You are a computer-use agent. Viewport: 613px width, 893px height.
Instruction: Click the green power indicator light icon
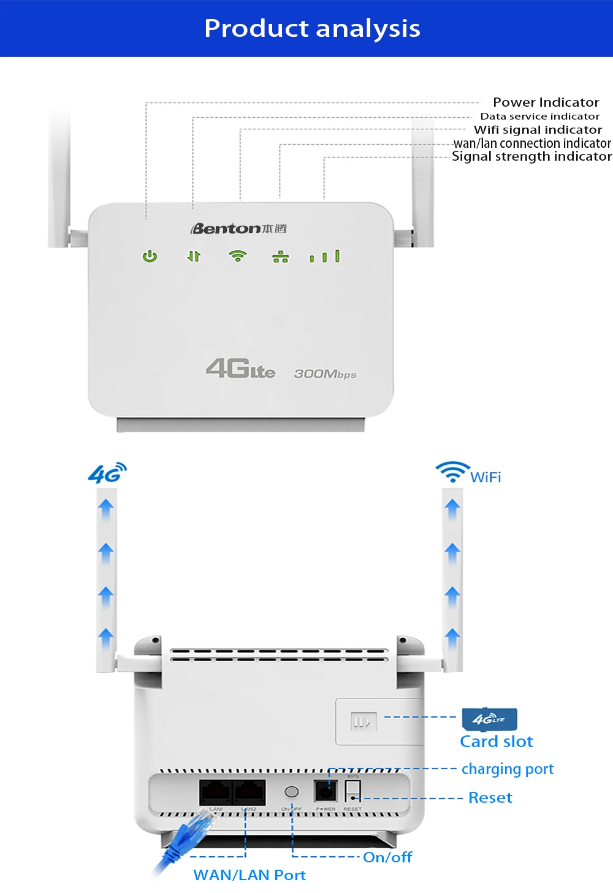tap(150, 256)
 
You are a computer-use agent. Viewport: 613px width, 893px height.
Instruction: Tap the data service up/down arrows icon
tap(194, 256)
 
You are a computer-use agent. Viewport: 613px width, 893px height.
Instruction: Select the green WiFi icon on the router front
tap(238, 256)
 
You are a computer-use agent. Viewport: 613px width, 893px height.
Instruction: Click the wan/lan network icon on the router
tap(281, 257)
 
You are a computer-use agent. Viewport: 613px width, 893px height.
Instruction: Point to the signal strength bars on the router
tap(325, 256)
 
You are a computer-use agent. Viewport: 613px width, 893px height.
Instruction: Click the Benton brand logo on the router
tap(238, 229)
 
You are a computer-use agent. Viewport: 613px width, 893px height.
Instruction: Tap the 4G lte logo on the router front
tap(240, 369)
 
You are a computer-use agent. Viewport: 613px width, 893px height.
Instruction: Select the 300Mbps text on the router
tap(325, 374)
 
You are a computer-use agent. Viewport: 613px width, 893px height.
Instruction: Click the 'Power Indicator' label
tap(546, 102)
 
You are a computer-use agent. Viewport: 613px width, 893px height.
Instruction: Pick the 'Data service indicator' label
tap(539, 117)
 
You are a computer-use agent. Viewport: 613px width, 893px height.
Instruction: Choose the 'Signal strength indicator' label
tap(531, 156)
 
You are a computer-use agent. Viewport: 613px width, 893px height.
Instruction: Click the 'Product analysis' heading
tap(312, 28)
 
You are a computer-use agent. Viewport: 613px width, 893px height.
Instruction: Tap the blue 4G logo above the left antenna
tap(107, 473)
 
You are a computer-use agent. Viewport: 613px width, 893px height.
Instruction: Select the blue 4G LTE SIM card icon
tap(490, 719)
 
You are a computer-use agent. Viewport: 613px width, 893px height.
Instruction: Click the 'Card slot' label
tap(497, 742)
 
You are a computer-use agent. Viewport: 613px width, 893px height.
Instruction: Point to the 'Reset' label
tap(490, 797)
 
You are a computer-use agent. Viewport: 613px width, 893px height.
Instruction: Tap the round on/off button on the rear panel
tap(292, 792)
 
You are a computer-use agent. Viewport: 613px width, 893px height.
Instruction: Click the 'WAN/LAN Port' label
tap(249, 875)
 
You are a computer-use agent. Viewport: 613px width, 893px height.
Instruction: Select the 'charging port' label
tap(507, 769)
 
